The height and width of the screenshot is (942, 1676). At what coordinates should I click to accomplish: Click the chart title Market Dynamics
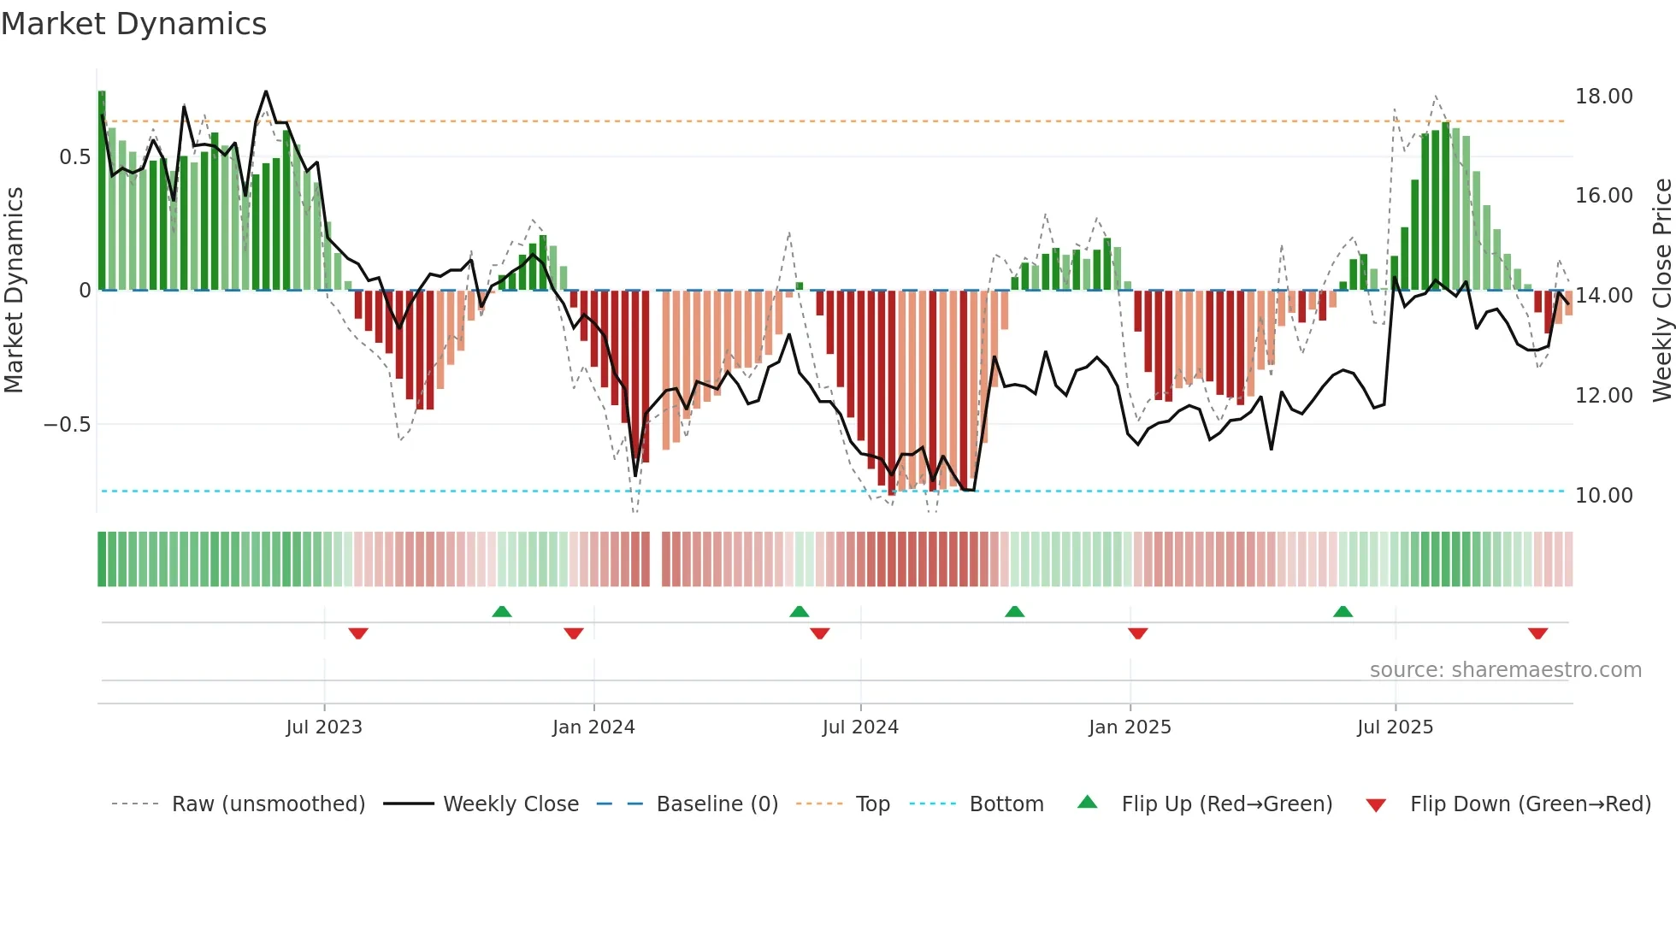pos(133,24)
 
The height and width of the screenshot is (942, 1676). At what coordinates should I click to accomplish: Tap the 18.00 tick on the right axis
pos(1603,97)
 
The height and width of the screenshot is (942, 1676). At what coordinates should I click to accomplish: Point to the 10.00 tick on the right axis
pos(1603,496)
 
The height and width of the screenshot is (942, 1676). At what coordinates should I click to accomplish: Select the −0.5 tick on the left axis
pos(68,425)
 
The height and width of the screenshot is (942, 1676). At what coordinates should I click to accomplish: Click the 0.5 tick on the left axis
pos(74,157)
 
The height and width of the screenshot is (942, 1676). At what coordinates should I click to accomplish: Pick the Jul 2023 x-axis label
pos(324,727)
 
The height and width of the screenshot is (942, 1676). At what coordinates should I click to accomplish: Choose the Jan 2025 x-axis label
pos(1130,727)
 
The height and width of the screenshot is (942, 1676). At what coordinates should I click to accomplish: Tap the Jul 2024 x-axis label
pos(860,727)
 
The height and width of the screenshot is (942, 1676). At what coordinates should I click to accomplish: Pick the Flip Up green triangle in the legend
pos(1087,802)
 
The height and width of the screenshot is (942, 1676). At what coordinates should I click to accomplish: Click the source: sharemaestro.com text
pos(1505,670)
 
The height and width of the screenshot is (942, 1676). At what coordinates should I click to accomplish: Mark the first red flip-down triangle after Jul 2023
pos(358,633)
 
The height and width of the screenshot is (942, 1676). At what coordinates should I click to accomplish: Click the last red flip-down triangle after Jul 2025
pos(1537,633)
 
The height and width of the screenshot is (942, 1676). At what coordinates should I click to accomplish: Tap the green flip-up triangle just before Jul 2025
pos(1343,611)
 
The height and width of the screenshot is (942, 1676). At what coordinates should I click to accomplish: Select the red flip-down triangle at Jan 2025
pos(1137,633)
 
